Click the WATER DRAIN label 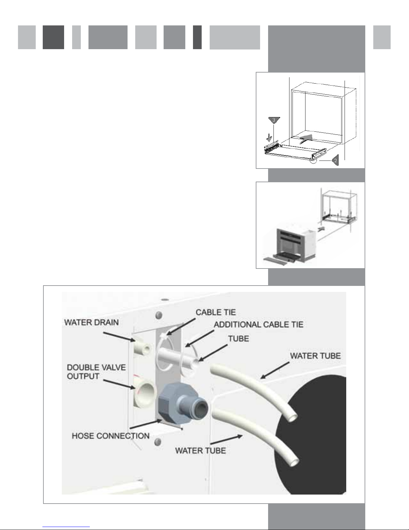[x=91, y=322]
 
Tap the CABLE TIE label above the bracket [x=216, y=312]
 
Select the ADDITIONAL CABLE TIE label [x=258, y=325]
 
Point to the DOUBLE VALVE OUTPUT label [x=96, y=372]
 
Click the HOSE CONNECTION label [x=111, y=436]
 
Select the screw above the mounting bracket [x=159, y=315]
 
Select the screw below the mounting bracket [x=158, y=441]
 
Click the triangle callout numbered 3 [x=274, y=120]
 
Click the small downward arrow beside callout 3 [x=269, y=137]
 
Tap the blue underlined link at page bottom [x=66, y=527]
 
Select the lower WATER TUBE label [x=201, y=450]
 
